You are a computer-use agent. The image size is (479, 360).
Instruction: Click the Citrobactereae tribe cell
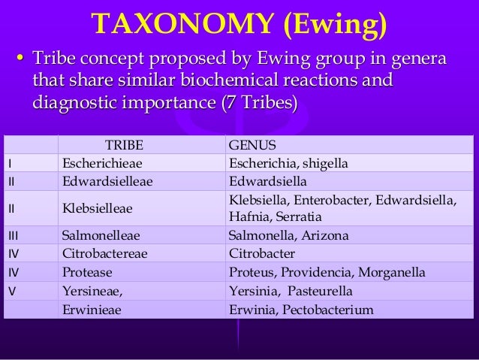point(104,253)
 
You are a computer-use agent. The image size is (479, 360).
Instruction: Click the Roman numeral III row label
point(12,235)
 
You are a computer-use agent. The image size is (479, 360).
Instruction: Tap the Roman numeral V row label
point(11,289)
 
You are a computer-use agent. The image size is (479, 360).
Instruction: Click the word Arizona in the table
point(325,235)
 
